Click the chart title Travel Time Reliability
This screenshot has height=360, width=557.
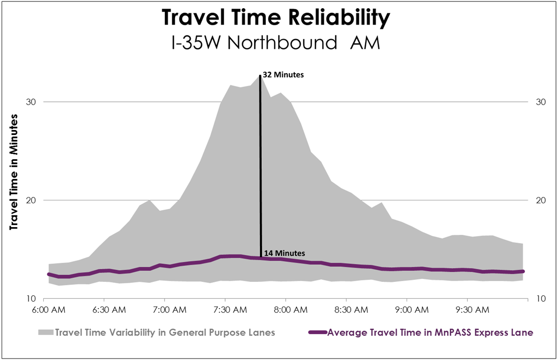[276, 18]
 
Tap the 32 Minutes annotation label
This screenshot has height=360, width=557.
[283, 75]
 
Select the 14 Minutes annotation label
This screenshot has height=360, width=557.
[283, 253]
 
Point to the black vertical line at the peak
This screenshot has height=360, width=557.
[261, 165]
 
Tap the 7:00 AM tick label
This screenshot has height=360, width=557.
[164, 309]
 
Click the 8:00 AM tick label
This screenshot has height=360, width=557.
[286, 309]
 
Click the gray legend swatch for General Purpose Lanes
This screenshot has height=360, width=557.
[46, 333]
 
